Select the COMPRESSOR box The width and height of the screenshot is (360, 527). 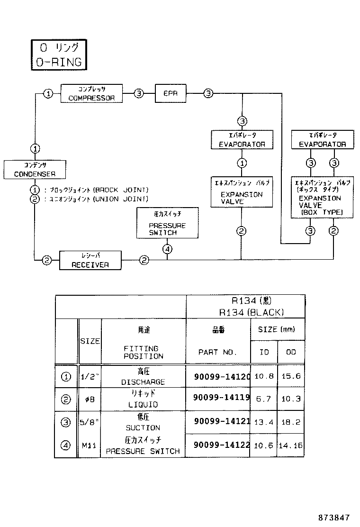click(x=91, y=93)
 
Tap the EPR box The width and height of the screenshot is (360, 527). click(x=171, y=93)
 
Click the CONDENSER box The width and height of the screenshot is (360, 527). click(x=35, y=169)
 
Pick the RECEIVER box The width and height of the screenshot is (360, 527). click(x=90, y=261)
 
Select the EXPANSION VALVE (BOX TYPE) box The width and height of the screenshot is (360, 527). click(x=322, y=198)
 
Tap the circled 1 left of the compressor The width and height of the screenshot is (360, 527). click(x=48, y=94)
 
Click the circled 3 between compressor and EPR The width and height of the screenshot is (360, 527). click(x=138, y=93)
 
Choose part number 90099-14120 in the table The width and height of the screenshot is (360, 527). click(x=222, y=377)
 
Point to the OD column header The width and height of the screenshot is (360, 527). click(x=291, y=353)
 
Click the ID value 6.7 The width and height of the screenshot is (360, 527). click(x=263, y=399)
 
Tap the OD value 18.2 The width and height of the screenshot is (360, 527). click(x=291, y=422)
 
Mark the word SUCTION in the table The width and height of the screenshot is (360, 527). click(x=143, y=427)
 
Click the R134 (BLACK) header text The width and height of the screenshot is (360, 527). click(x=251, y=312)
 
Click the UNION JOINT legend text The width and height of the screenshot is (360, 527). click(x=121, y=199)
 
